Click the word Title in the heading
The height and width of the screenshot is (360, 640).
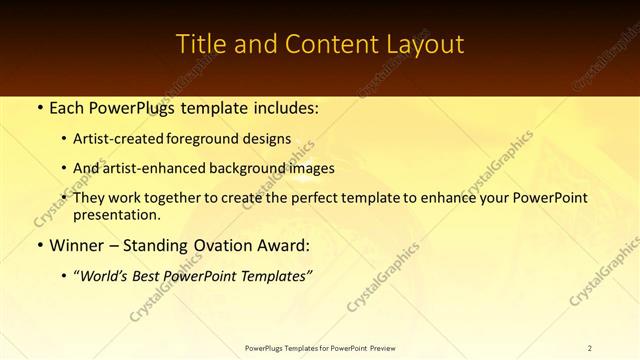coord(198,45)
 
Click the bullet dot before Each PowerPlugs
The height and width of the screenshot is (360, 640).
coord(38,106)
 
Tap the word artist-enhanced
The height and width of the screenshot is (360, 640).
coord(157,168)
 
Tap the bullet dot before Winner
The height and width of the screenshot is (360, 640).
coord(38,245)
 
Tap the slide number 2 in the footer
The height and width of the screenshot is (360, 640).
coord(590,347)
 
